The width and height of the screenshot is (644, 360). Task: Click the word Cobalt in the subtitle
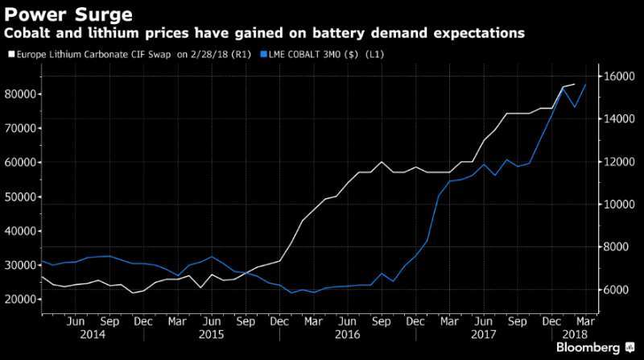29,33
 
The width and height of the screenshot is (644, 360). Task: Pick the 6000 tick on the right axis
617,290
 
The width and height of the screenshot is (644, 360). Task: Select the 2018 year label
574,333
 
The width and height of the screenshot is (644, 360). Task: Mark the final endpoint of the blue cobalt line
585,85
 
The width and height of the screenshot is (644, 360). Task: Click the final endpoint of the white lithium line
574,84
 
